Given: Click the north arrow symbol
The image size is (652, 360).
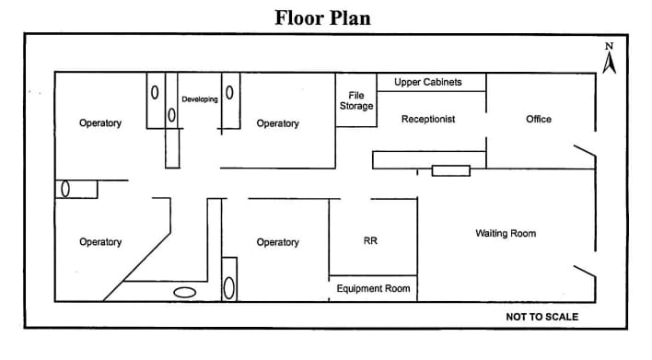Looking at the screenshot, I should click(x=609, y=63).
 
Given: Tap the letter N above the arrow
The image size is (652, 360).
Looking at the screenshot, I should click(x=609, y=46).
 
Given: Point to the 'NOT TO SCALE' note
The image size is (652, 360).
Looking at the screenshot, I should click(x=541, y=317).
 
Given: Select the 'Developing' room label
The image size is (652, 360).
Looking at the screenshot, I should click(x=200, y=99).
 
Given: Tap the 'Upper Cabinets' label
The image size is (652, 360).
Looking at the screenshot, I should click(x=428, y=83).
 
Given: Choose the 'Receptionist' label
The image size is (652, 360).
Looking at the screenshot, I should click(x=428, y=120).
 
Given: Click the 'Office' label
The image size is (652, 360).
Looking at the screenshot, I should click(x=538, y=120).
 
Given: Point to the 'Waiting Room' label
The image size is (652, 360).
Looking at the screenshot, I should click(x=506, y=234).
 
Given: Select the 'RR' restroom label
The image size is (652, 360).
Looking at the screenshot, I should click(x=370, y=241).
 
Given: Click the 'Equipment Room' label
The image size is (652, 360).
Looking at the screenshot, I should click(x=373, y=289).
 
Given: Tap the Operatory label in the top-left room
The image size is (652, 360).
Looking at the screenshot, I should click(x=100, y=123).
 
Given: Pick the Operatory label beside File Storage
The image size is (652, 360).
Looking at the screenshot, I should click(x=277, y=123).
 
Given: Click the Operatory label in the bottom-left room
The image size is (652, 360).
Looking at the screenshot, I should click(x=100, y=242).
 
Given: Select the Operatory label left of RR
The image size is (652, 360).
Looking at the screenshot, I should click(x=277, y=242).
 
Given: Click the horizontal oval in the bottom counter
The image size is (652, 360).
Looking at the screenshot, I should click(x=185, y=293).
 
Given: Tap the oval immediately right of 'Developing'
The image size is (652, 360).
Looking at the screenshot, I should click(x=229, y=93).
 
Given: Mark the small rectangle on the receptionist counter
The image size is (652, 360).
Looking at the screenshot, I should click(x=451, y=170).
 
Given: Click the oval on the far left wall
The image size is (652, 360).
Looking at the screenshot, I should click(x=65, y=189).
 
